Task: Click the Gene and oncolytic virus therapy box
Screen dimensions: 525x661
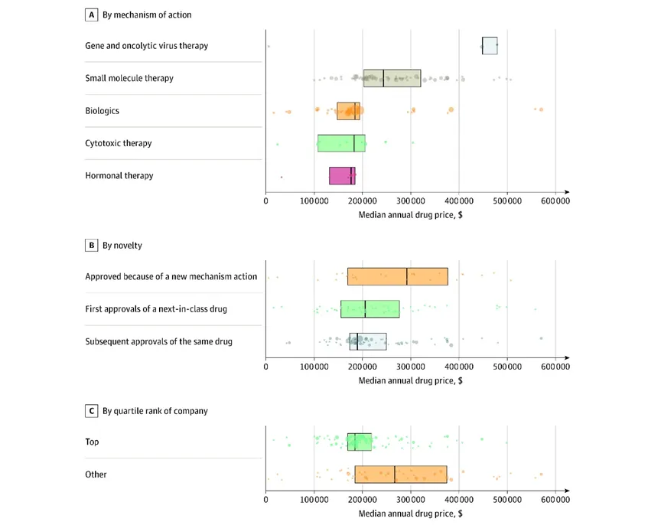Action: pyautogui.click(x=490, y=46)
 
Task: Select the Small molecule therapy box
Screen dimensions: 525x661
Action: pyautogui.click(x=392, y=78)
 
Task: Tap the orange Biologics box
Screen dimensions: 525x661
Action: pyautogui.click(x=348, y=111)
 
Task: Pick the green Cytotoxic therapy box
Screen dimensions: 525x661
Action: pyautogui.click(x=341, y=143)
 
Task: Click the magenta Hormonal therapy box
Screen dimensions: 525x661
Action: pyautogui.click(x=342, y=175)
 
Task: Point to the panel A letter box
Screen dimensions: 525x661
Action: pyautogui.click(x=92, y=15)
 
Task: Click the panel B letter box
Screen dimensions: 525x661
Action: pyautogui.click(x=92, y=245)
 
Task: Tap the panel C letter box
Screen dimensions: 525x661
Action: pyautogui.click(x=92, y=411)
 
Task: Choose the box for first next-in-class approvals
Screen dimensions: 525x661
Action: pyautogui.click(x=370, y=309)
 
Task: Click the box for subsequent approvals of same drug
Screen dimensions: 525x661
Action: pyautogui.click(x=368, y=341)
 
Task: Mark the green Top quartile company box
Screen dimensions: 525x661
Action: pyautogui.click(x=359, y=442)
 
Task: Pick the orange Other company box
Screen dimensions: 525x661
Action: pyautogui.click(x=401, y=474)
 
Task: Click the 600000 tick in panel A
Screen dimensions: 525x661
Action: pyautogui.click(x=555, y=201)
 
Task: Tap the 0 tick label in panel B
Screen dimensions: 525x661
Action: pyautogui.click(x=266, y=367)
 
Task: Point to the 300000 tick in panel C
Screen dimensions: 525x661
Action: pyautogui.click(x=411, y=500)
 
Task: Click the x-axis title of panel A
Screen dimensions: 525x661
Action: pyautogui.click(x=410, y=215)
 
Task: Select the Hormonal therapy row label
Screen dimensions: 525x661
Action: pyautogui.click(x=119, y=175)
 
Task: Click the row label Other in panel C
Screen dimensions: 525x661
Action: pyautogui.click(x=96, y=474)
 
